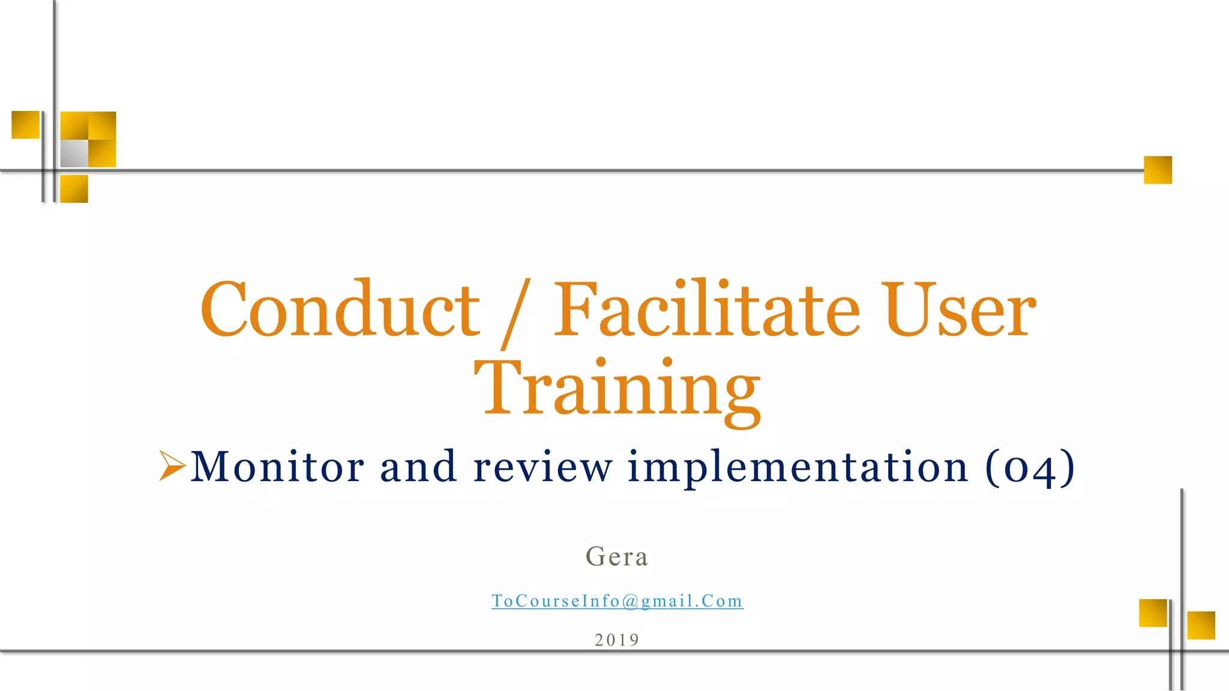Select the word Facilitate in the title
tap(706, 310)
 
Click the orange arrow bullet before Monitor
tap(172, 465)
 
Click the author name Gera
tap(617, 557)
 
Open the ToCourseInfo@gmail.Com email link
tap(618, 601)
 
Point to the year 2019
tap(617, 640)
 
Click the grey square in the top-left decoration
tap(74, 154)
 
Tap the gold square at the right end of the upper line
tap(1158, 170)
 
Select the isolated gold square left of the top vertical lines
tap(26, 125)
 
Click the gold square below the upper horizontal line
tap(74, 189)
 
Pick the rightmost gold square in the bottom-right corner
tap(1201, 625)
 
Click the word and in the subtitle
tap(418, 467)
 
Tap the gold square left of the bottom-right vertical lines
tap(1153, 612)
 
